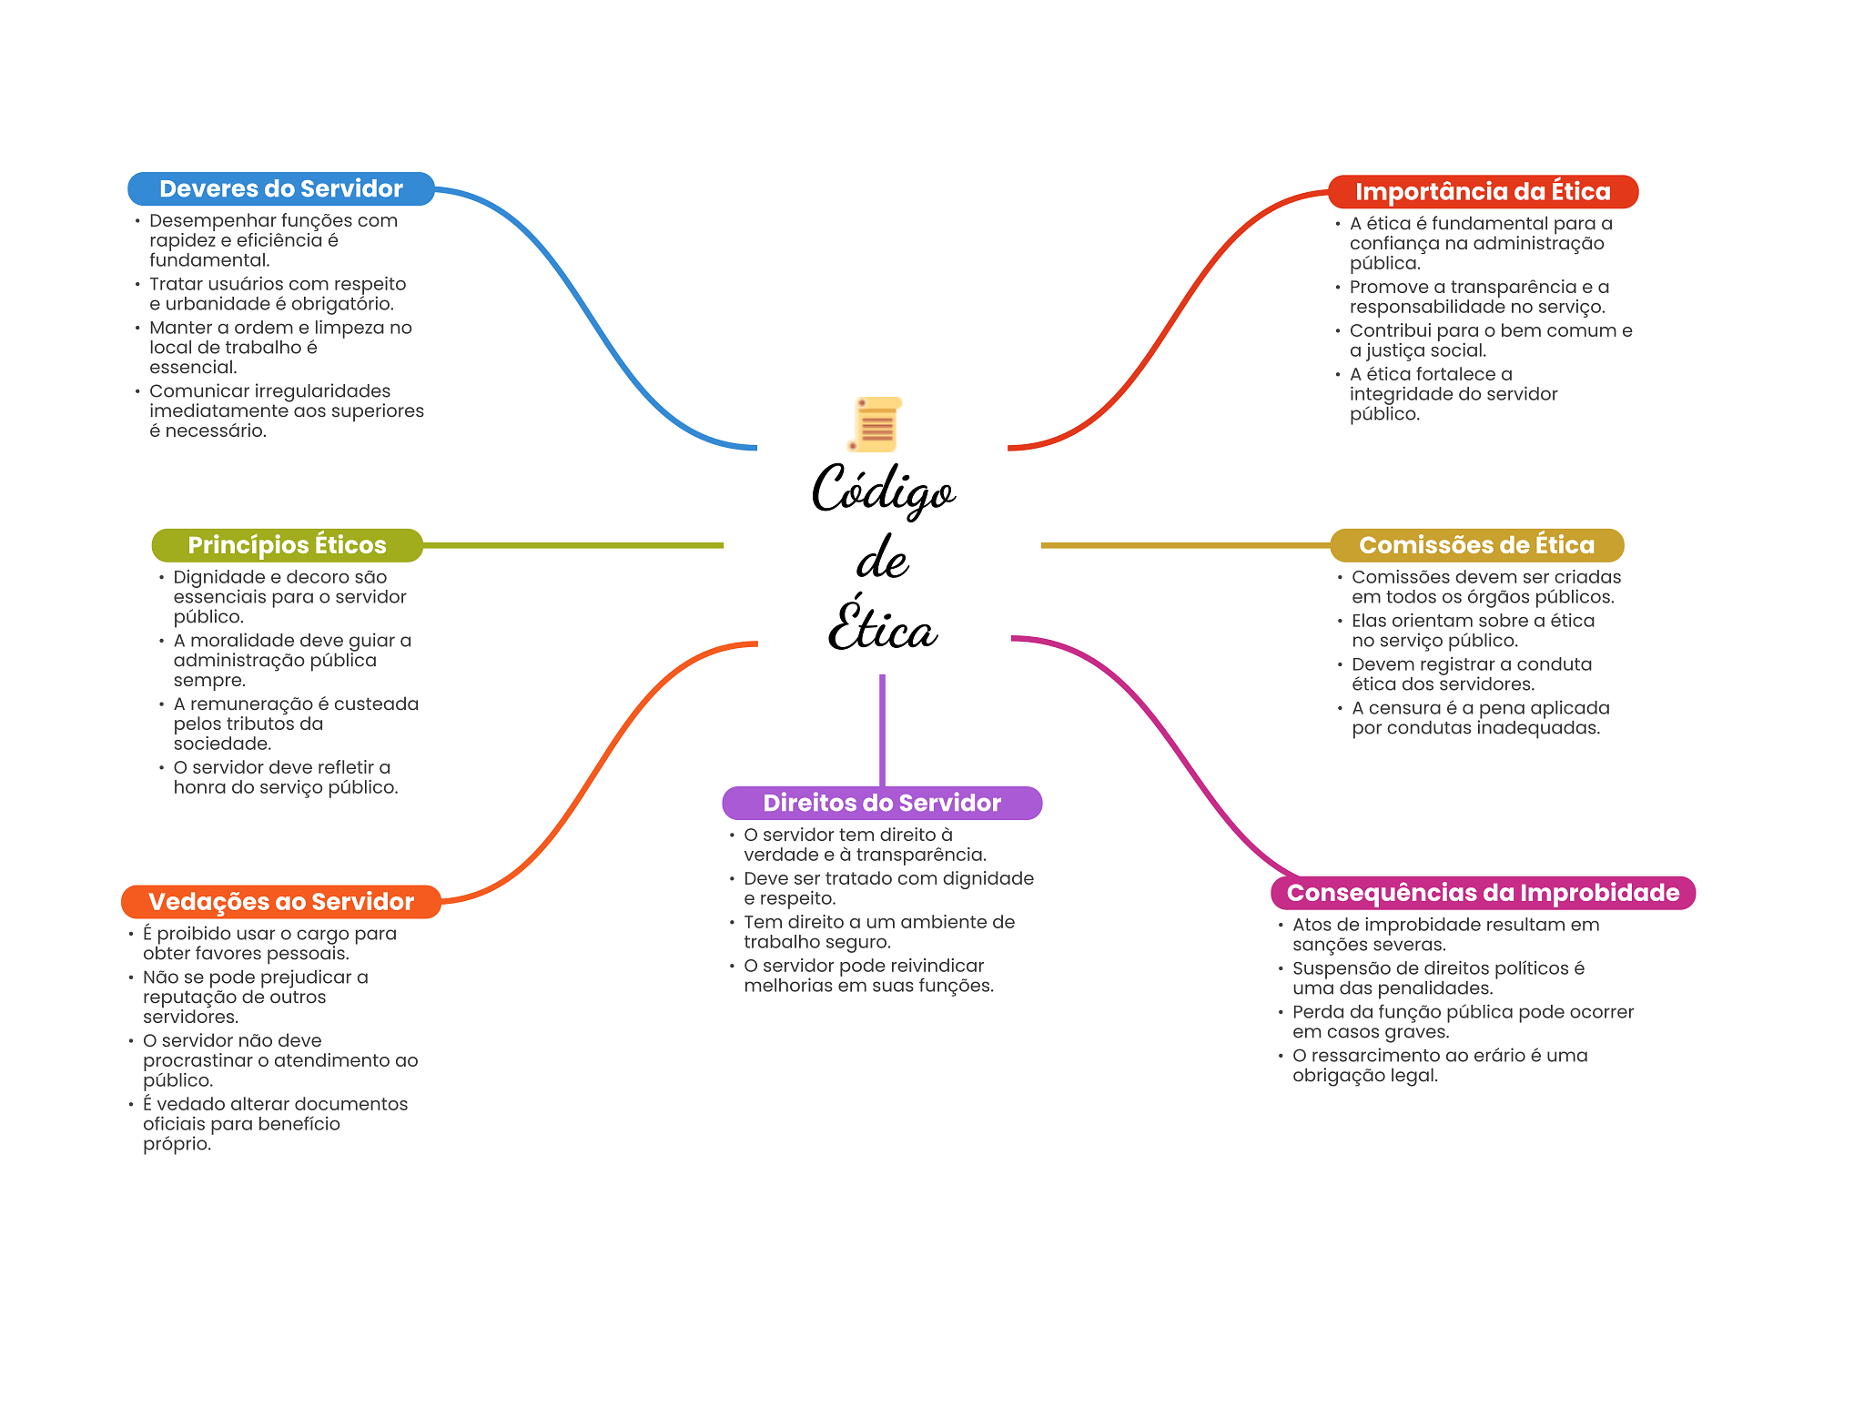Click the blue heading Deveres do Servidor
coord(280,188)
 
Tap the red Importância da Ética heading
coord(1482,191)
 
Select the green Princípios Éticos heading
coord(287,545)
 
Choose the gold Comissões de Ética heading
coord(1476,545)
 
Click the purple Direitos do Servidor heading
coord(881,803)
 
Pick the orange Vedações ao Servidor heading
coord(280,902)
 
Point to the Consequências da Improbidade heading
coord(1482,893)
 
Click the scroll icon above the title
coord(876,424)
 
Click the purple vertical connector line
coord(882,728)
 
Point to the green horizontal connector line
coord(573,545)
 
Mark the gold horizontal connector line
coord(1183,545)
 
